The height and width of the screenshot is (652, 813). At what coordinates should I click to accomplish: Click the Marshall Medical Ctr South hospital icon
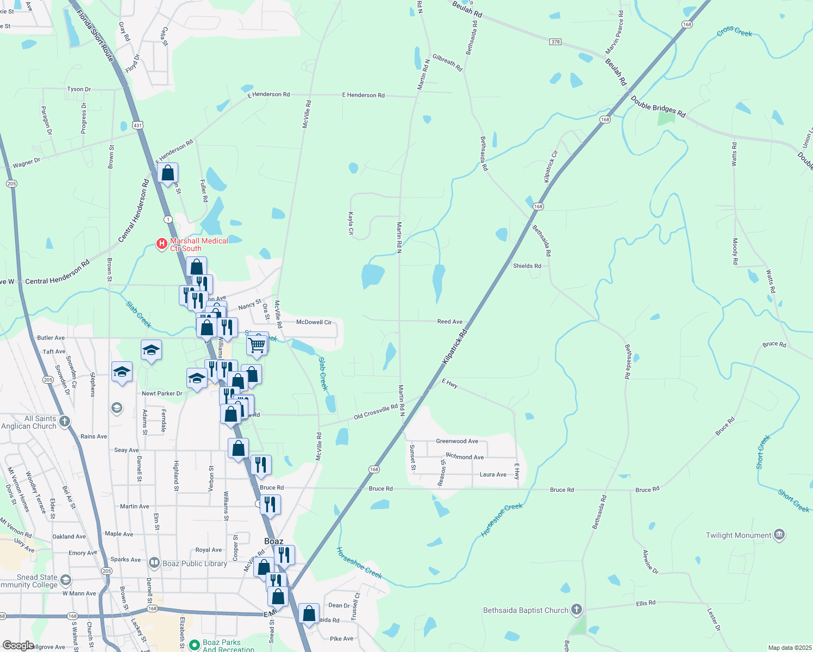coord(161,244)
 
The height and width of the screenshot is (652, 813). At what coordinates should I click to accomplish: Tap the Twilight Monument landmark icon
coord(779,535)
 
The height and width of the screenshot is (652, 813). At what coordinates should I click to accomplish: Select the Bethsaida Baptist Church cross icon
coord(577,610)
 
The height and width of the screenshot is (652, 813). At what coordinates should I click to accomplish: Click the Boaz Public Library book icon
coord(154,563)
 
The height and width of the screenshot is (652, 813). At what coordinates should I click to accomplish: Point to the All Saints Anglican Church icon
coord(65,422)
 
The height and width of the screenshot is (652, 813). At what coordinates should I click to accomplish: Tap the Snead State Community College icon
coord(66,581)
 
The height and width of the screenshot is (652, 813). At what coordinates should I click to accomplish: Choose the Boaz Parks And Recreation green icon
coord(194,645)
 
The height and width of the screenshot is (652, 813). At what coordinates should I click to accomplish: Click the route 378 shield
coord(555,42)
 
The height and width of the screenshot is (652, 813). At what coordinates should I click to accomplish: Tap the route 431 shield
coord(138,126)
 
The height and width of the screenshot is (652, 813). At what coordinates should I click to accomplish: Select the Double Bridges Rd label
coord(658,106)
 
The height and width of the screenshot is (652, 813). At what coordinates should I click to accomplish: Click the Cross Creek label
coord(734,32)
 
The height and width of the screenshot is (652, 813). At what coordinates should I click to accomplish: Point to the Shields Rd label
coord(527,266)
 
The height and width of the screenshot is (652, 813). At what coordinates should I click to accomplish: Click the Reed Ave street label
coord(450,322)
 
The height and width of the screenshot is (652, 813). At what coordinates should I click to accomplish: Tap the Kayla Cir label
coord(351,223)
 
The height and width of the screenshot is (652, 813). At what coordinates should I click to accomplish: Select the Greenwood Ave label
coord(457,441)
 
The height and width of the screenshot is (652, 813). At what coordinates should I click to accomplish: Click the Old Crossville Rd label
coord(376,412)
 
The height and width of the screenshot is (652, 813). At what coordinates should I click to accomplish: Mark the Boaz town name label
coord(273,541)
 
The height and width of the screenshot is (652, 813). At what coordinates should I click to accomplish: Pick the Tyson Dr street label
coord(79,89)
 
